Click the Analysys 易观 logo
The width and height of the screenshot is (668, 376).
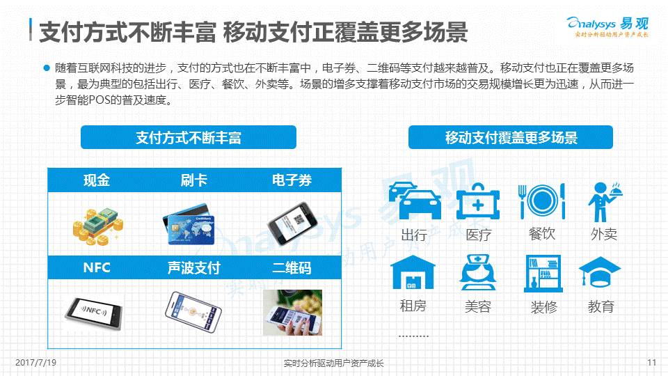(607, 27)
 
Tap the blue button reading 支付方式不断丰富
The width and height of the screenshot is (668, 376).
(189, 137)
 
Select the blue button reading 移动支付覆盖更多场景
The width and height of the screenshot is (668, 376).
(510, 137)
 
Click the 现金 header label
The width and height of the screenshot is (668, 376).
(97, 180)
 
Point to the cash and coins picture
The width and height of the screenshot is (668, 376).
(98, 226)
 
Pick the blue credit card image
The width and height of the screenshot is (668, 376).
(189, 224)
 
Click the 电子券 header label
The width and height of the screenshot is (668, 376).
(292, 180)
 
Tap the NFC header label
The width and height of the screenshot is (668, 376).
(97, 267)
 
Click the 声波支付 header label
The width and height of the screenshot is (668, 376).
(194, 267)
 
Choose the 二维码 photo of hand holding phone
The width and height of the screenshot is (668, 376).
(292, 313)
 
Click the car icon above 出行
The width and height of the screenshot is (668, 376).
(415, 201)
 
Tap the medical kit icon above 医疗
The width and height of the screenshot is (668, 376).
(477, 201)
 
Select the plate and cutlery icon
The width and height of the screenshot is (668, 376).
(541, 201)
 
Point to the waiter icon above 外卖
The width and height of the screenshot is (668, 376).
(605, 202)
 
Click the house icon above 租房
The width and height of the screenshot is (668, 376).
(413, 272)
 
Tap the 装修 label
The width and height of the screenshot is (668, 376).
(543, 306)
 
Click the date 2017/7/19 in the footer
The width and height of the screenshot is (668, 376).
(35, 362)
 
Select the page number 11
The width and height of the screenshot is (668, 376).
(651, 362)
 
